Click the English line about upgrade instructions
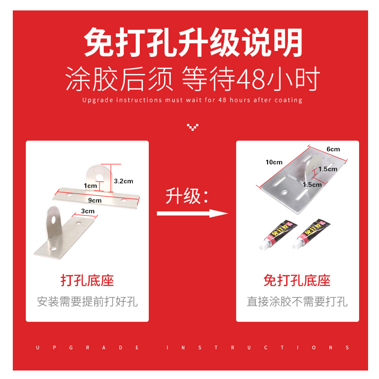coord(192,100)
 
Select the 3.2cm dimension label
coord(124,181)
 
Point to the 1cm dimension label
coord(90,186)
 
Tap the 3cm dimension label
coord(88,211)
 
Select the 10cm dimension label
coord(274,162)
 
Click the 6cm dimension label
coord(333,149)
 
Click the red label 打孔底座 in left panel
coord(87,280)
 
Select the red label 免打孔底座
coord(297,280)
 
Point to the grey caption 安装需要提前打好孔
coord(87,301)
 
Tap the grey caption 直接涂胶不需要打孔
coord(297,301)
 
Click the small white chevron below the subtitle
coord(192,127)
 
